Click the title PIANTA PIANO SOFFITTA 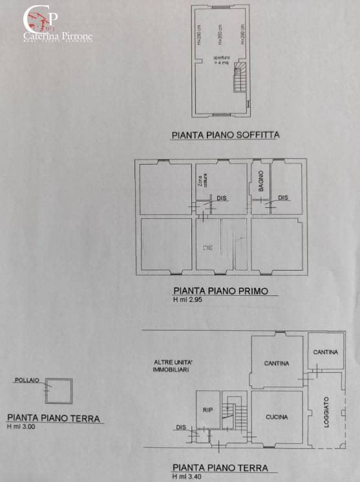coord(225,136)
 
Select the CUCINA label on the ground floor coord(277,417)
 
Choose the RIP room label coord(207,409)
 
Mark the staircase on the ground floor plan coord(228,411)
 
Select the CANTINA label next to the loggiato coord(325,352)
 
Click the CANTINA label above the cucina coord(277,363)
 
